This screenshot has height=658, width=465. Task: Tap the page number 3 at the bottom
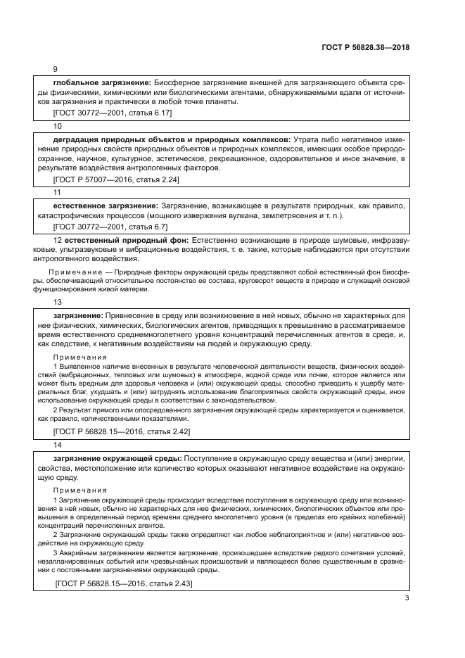407,599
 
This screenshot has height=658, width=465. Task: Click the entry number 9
56,70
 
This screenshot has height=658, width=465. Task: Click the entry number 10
58,125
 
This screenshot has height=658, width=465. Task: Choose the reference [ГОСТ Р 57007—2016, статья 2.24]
116,179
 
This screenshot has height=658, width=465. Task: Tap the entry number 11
58,192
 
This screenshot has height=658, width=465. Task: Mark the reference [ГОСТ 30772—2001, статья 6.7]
110,227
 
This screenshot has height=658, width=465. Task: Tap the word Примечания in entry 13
79,356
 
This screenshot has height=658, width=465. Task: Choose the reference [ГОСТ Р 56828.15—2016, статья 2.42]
121,431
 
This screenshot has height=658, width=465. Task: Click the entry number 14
58,444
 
